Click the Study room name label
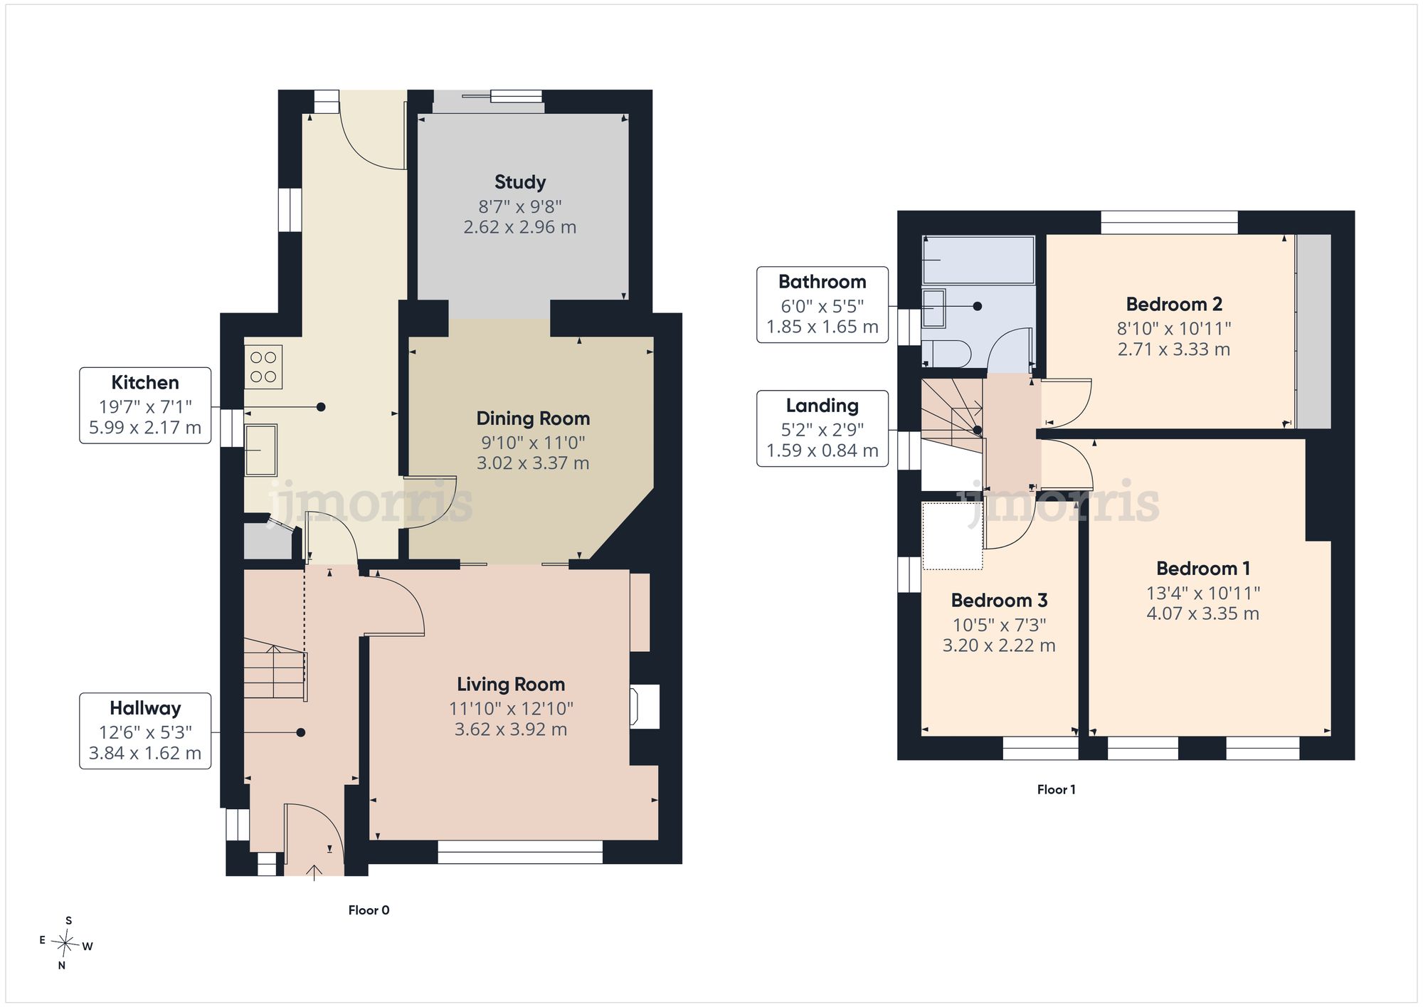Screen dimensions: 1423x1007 click(x=520, y=182)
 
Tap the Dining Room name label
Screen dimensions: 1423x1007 click(x=533, y=418)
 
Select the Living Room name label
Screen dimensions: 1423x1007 click(x=511, y=685)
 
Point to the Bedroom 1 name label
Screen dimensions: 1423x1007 click(x=1203, y=569)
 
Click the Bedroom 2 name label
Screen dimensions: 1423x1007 click(x=1174, y=305)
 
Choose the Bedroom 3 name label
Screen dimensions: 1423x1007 click(x=999, y=601)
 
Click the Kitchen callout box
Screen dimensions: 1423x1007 click(x=145, y=406)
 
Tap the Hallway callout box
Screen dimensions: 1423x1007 click(x=145, y=731)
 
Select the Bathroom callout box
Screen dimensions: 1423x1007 click(x=822, y=305)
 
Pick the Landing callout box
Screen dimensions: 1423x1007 click(x=822, y=428)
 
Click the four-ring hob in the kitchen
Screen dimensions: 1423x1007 click(x=263, y=367)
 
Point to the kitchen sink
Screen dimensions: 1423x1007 click(x=260, y=450)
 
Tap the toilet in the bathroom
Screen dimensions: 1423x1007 click(x=946, y=354)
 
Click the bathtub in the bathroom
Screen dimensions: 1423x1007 click(x=978, y=260)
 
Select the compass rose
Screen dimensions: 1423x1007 click(x=66, y=944)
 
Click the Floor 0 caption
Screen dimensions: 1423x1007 click(x=369, y=910)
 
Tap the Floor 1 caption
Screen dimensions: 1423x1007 click(x=1057, y=790)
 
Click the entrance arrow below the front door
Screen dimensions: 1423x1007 click(x=314, y=872)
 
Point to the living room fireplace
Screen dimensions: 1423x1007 click(x=644, y=706)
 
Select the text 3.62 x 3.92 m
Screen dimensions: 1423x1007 click(x=511, y=729)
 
